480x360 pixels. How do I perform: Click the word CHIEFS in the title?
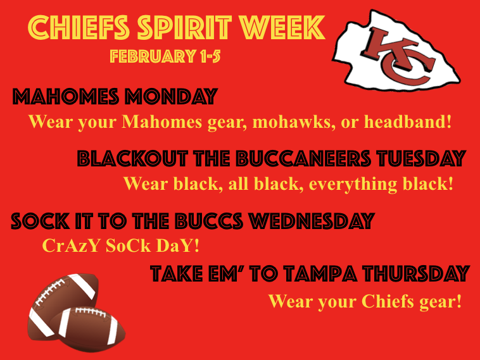click(x=79, y=28)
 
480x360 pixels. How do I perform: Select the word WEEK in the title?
click(x=282, y=28)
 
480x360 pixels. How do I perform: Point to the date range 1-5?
click(x=210, y=56)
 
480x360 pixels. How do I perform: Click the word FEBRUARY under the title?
click(x=153, y=56)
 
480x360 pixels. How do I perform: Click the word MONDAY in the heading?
click(x=171, y=97)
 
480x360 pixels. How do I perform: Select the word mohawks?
click(x=294, y=121)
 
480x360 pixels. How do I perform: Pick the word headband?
click(x=408, y=121)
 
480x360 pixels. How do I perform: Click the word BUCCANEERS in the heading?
click(x=303, y=159)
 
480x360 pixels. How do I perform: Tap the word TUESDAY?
click(x=422, y=159)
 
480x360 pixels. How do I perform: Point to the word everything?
click(x=353, y=184)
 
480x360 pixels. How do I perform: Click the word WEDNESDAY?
click(x=312, y=221)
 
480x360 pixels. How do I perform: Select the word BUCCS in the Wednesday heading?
click(x=210, y=221)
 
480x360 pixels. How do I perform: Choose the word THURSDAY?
click(x=416, y=273)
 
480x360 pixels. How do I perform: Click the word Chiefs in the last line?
click(x=388, y=301)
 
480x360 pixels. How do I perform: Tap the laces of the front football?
click(x=91, y=312)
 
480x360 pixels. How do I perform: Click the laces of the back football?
click(x=49, y=292)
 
